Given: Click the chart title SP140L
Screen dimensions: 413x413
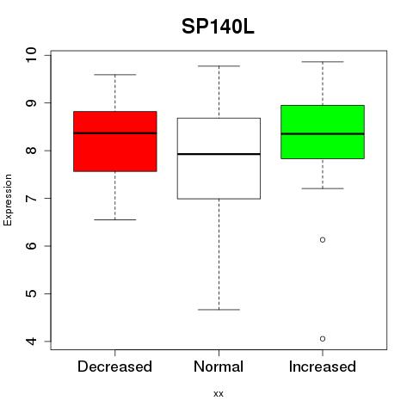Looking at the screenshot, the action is tap(218, 27).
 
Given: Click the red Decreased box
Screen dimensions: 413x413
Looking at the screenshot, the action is tap(115, 141).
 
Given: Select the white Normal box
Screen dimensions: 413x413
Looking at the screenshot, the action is tap(219, 158).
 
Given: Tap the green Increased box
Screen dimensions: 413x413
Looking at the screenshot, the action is tap(323, 132).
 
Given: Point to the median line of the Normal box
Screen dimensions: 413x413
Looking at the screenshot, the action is tap(219, 154).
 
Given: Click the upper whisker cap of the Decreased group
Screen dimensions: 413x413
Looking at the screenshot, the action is tap(115, 75).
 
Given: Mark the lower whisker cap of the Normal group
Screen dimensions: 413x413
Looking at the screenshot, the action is tap(219, 310).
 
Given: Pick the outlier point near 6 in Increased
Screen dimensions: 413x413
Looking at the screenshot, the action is tap(323, 240).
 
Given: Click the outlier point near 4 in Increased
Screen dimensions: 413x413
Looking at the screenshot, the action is tap(323, 339).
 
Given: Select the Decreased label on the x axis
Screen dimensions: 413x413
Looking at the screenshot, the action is tap(114, 367).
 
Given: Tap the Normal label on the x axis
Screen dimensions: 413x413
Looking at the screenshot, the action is tap(219, 367).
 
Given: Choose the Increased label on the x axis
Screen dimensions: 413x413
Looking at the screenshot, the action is tap(323, 367).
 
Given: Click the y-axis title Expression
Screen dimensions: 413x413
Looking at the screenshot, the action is tap(8, 200).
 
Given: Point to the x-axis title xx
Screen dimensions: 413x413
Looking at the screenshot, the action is tap(219, 394).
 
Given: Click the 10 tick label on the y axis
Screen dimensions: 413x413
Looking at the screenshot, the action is tap(31, 55).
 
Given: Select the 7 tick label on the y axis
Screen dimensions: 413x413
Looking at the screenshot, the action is tap(31, 198).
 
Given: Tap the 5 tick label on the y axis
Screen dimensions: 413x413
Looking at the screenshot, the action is tap(31, 293).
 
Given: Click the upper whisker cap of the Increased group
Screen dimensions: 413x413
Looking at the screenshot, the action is tap(323, 62).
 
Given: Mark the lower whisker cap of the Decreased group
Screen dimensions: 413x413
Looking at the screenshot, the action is tap(115, 220).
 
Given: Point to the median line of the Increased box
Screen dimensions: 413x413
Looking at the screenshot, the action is tap(323, 134).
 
